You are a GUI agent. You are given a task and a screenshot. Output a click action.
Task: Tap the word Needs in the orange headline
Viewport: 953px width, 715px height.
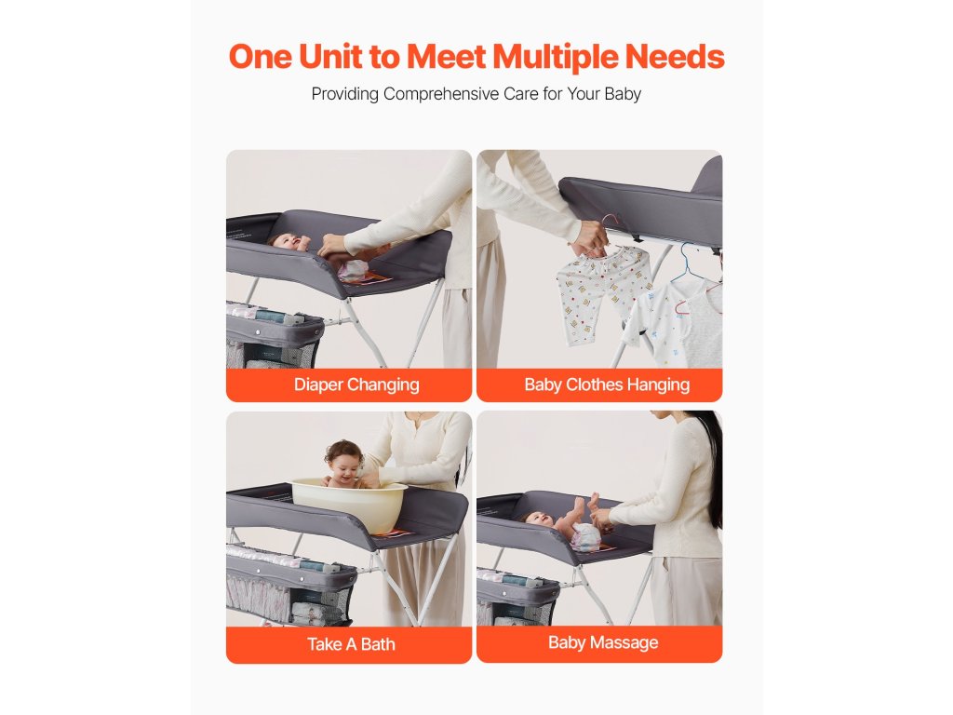675,57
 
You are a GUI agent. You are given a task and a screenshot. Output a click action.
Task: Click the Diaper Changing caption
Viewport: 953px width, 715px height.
356,384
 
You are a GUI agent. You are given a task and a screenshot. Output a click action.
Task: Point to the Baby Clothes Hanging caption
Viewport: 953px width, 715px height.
607,384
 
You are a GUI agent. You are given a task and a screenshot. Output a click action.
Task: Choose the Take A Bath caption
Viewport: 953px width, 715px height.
351,644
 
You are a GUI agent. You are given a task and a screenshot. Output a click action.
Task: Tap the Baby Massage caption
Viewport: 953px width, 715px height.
603,642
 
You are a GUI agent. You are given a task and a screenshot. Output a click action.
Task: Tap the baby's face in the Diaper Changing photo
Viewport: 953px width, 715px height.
285,242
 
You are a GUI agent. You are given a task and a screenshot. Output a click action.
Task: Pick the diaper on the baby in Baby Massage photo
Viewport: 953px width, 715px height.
585,536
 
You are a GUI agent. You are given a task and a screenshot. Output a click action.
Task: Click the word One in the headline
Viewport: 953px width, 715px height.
261,57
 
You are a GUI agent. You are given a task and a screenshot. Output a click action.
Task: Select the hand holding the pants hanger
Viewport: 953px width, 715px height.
589,239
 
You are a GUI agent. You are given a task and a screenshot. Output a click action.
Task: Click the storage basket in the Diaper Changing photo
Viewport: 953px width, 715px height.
275,337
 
